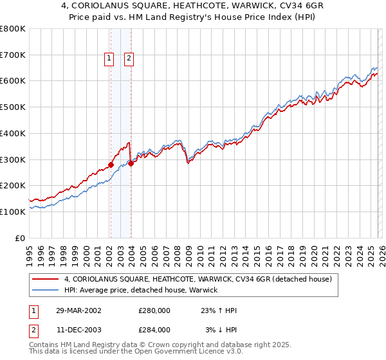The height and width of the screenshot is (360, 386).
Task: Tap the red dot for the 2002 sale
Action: [111, 165]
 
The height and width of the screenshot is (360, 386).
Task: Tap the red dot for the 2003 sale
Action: [131, 163]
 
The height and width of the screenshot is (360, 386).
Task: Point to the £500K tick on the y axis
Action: [13, 107]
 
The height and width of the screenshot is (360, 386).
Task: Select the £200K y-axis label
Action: [13, 185]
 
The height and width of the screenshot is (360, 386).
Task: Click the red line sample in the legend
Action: [46, 279]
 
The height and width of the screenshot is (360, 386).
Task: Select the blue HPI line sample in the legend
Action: [46, 290]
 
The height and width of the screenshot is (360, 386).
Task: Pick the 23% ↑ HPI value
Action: [219, 310]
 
